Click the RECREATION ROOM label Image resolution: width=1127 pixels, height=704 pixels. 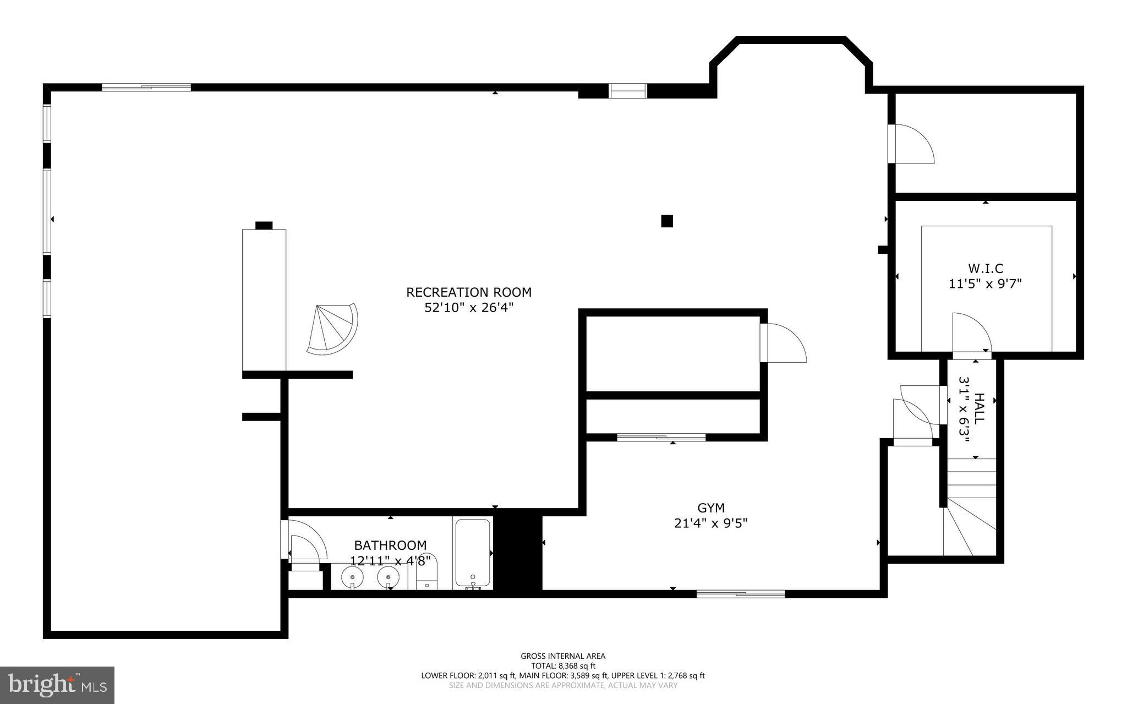pos(469,292)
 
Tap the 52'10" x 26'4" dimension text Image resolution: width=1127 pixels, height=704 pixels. pos(469,308)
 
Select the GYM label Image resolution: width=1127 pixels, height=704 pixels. pos(711,508)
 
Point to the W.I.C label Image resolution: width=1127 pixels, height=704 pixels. pos(986,269)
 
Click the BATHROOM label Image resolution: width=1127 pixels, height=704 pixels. pos(390,545)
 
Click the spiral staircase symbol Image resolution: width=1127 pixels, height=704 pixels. pos(332,329)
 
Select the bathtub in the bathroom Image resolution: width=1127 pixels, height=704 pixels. pos(473,553)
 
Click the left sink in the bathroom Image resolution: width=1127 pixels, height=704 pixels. pos(352,577)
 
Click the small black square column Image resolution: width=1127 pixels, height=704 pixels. pos(667,221)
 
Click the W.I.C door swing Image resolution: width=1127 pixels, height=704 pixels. pos(970,332)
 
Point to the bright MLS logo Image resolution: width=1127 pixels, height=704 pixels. pos(57,685)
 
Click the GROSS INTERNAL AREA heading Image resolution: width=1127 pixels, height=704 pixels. pos(563,656)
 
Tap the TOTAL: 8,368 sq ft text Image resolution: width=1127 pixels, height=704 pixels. pos(563,665)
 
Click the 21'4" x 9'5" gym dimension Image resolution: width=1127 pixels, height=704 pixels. pos(711,523)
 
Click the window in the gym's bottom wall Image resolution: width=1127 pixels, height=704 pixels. pos(741,593)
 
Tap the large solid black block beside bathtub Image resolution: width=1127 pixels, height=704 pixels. pos(518,553)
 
